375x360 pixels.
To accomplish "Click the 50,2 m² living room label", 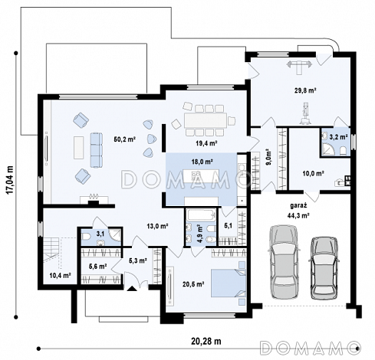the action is click(124, 139).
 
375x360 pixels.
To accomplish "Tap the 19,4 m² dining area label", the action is click(206, 143).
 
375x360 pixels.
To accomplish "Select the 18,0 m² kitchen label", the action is click(202, 162).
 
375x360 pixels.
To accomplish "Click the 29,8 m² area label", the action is click(305, 90).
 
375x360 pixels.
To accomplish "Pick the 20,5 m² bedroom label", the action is click(193, 283).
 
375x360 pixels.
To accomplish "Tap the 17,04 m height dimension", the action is click(10, 180).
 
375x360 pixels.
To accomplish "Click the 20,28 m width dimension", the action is click(206, 341).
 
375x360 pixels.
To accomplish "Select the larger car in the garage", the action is click(284, 262).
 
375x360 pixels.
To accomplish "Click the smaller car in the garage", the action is click(324, 268).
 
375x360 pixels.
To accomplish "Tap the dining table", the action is click(206, 120).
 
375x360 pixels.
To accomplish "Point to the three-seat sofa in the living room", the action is click(97, 150).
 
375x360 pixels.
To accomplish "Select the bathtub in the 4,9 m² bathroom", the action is click(200, 215).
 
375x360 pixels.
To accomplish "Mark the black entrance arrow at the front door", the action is click(132, 288).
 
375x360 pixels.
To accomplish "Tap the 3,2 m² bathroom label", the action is click(338, 137).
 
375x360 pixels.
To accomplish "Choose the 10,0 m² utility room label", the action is click(314, 174).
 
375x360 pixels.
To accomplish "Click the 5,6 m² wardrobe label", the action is click(97, 267).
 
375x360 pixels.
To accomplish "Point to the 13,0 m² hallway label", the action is click(157, 226).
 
